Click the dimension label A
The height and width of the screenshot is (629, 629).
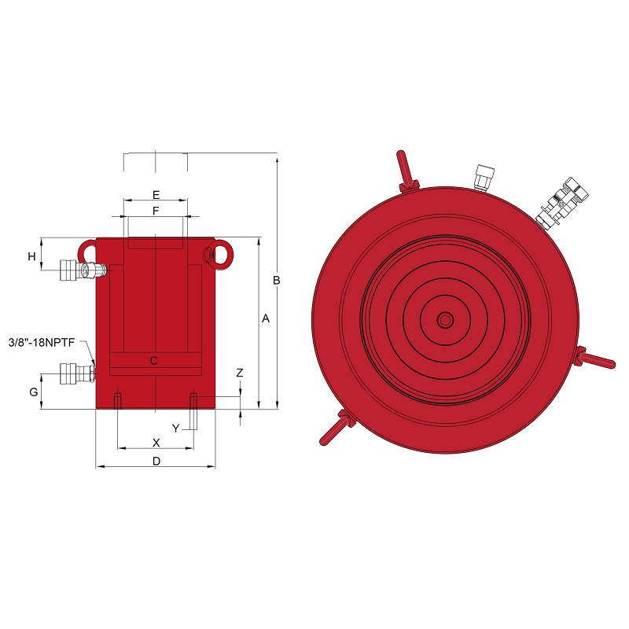click(x=266, y=318)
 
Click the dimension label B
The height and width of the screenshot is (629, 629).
click(x=277, y=281)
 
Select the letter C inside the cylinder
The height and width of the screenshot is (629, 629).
click(x=153, y=361)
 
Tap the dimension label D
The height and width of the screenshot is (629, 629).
click(x=156, y=462)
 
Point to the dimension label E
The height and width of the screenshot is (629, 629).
click(x=156, y=195)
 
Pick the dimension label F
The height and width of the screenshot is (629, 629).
click(x=156, y=211)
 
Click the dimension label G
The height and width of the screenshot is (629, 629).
click(x=34, y=392)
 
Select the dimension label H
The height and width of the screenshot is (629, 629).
click(x=31, y=256)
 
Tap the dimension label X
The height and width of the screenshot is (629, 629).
click(x=156, y=443)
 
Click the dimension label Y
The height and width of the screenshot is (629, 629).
click(x=175, y=429)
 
